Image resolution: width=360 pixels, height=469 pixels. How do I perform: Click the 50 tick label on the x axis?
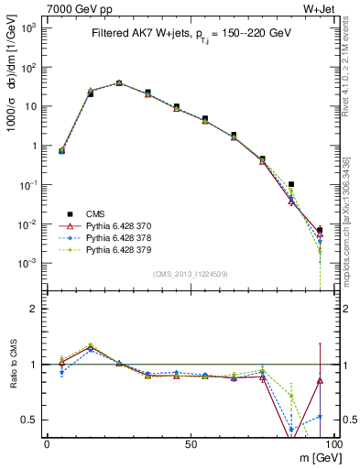(x=191, y=443)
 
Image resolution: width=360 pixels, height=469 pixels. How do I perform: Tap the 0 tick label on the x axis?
(x=47, y=443)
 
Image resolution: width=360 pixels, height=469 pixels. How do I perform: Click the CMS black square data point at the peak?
(x=119, y=82)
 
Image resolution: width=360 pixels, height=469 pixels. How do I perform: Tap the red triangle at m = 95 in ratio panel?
(x=320, y=380)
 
